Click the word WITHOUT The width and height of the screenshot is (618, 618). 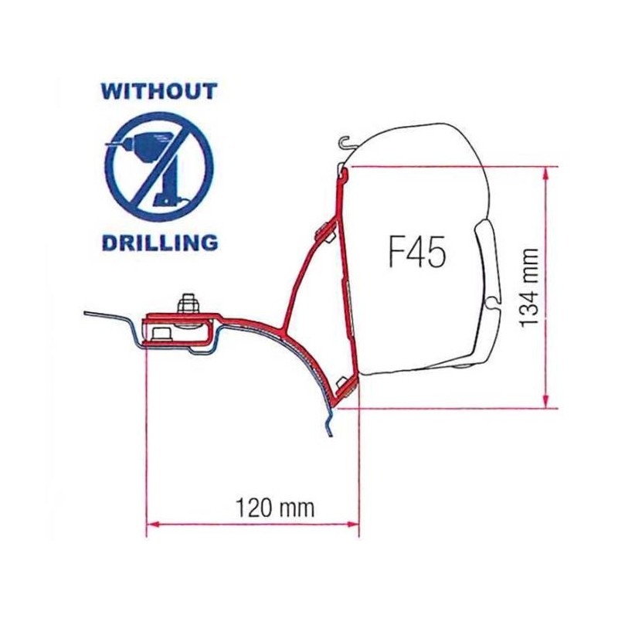point(159,91)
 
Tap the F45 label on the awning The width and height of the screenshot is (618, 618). point(417,252)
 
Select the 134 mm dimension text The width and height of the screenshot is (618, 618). point(528,287)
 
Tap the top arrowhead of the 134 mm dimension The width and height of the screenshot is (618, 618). point(546,173)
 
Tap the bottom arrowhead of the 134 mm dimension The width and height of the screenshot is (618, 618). point(546,402)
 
